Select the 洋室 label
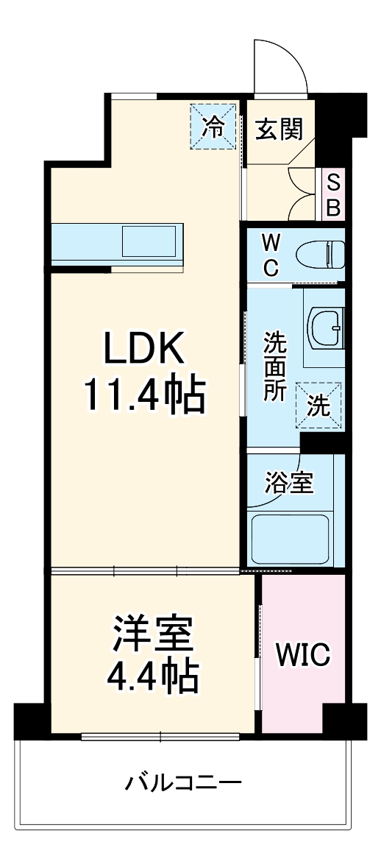tap(153, 634)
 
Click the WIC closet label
tap(303, 654)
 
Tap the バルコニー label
tap(182, 781)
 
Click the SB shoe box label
tap(333, 194)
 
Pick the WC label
tap(271, 255)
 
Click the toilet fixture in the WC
tap(320, 255)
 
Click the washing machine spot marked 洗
tap(318, 406)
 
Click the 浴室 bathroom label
tap(289, 484)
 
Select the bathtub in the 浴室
tap(291, 538)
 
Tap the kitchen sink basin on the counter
tap(149, 241)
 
